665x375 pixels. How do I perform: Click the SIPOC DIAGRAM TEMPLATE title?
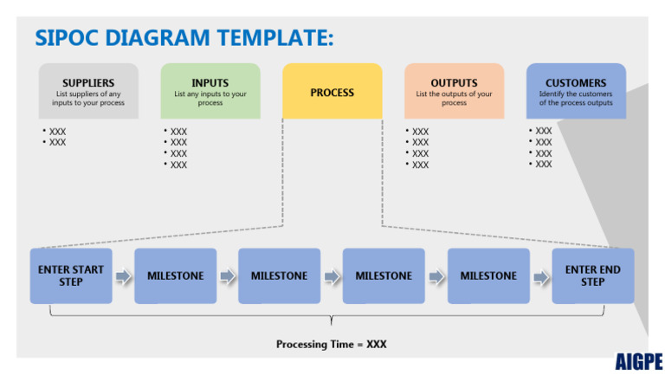(184, 38)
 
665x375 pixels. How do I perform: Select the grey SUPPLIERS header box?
(88, 91)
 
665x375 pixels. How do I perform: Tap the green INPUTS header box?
(210, 91)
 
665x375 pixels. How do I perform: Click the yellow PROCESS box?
(332, 91)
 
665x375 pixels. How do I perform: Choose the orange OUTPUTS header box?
(454, 91)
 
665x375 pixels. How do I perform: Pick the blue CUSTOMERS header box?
(576, 91)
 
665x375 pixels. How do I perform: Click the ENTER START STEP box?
(71, 275)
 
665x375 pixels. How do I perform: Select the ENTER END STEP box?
(592, 275)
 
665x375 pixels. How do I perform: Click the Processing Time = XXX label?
(332, 344)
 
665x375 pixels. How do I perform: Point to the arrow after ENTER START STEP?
(123, 276)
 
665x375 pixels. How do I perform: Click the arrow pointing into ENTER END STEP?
(540, 276)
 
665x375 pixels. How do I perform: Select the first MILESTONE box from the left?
(176, 275)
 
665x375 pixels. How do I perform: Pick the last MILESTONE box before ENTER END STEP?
(488, 275)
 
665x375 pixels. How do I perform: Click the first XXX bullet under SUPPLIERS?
(56, 132)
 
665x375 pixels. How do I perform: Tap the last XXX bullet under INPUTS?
(178, 165)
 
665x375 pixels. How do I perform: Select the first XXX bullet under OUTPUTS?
(419, 132)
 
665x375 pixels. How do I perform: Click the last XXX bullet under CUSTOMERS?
(543, 164)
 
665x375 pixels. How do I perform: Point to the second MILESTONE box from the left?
(279, 275)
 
